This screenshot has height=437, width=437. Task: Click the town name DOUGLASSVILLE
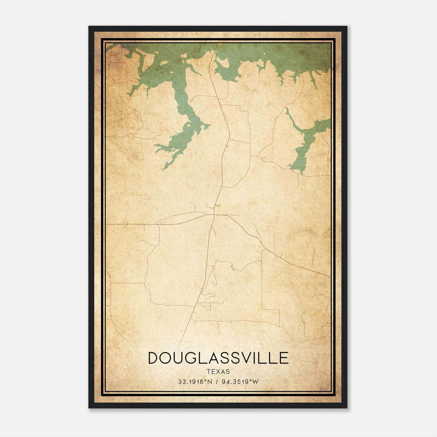pos(218,358)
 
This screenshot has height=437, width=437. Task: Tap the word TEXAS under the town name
pos(218,371)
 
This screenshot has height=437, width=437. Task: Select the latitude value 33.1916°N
pos(195,382)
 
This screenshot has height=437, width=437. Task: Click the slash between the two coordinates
pos(217,382)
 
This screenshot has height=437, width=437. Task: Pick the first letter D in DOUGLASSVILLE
pos(153,358)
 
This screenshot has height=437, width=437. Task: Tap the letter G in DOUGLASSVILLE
pos(194,358)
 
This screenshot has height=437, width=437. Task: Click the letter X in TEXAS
pos(218,371)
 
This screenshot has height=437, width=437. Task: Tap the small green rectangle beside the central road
pos(218,205)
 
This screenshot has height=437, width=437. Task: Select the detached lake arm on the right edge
pos(307,142)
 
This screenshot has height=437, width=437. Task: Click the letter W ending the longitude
pos(255,382)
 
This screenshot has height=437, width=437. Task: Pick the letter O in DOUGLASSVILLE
pos(167,358)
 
